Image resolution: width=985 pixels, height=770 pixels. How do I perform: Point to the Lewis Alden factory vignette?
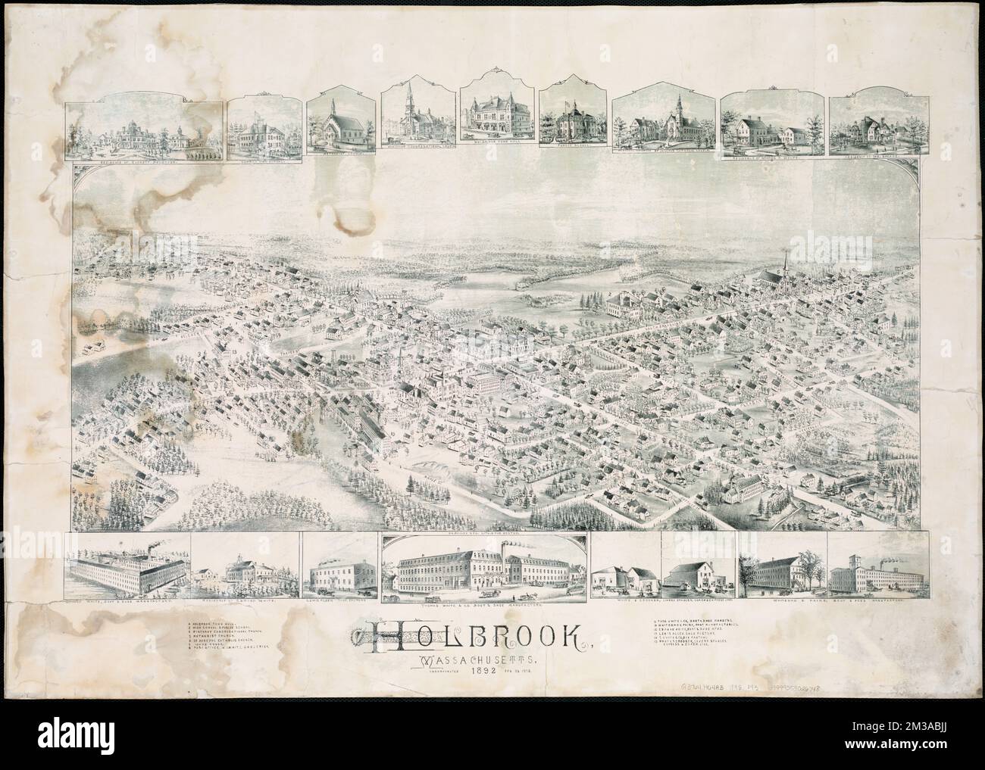pos(340,573)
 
